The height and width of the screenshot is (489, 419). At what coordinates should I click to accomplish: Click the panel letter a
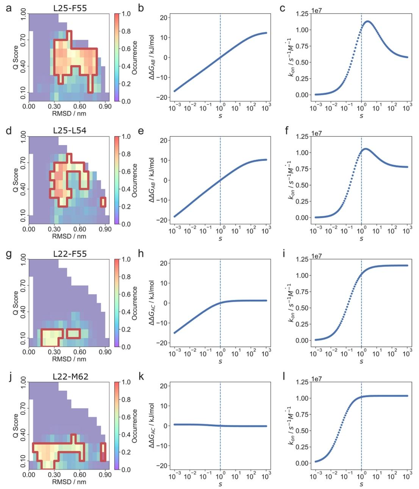(9, 8)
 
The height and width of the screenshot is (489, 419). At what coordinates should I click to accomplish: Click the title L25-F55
(70, 8)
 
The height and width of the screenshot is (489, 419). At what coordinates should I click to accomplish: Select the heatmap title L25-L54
(70, 131)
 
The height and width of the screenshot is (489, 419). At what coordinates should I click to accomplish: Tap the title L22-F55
(70, 254)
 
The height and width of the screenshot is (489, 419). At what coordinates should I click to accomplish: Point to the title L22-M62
(70, 377)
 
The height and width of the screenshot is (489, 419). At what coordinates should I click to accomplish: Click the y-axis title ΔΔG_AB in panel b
(152, 58)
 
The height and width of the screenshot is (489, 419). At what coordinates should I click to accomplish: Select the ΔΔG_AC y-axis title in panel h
(152, 303)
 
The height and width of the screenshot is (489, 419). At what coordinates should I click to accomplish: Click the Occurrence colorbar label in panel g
(135, 303)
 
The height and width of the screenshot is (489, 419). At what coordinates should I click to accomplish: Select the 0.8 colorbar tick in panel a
(126, 31)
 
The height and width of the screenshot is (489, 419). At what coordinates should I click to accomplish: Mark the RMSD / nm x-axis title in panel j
(69, 482)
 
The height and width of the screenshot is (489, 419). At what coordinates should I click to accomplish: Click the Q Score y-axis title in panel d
(16, 180)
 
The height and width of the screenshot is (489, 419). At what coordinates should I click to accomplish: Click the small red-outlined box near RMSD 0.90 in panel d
(103, 202)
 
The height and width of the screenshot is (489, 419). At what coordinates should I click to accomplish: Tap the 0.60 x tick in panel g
(80, 352)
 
